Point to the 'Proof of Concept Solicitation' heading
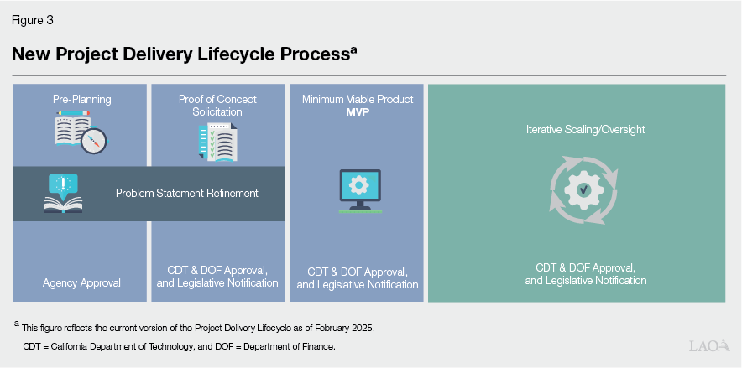(217, 105)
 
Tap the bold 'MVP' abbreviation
(358, 111)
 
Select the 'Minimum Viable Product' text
(358, 99)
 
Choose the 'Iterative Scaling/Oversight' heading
(576, 130)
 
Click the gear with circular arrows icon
(576, 191)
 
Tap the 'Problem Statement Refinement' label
(186, 193)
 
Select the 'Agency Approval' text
(81, 282)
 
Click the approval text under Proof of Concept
(217, 276)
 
